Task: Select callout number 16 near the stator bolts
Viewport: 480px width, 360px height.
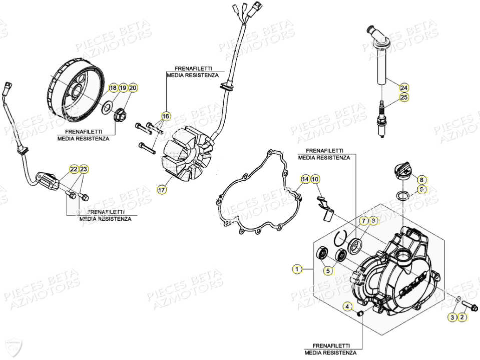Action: (x=166, y=117)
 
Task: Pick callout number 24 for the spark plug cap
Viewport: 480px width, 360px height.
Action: (x=404, y=87)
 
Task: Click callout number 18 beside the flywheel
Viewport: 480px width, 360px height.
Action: (x=113, y=88)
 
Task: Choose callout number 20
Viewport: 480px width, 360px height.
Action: (x=133, y=88)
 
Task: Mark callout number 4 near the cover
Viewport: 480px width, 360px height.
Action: (x=347, y=306)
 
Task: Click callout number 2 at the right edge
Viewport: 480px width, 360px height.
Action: (x=462, y=317)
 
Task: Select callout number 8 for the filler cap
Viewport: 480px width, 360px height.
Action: (x=421, y=179)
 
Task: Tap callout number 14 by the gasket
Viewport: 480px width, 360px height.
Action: (x=305, y=179)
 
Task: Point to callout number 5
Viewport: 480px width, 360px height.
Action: (x=328, y=271)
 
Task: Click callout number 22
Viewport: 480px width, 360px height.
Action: (x=74, y=169)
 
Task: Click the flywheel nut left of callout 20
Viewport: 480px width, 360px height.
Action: (x=121, y=115)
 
